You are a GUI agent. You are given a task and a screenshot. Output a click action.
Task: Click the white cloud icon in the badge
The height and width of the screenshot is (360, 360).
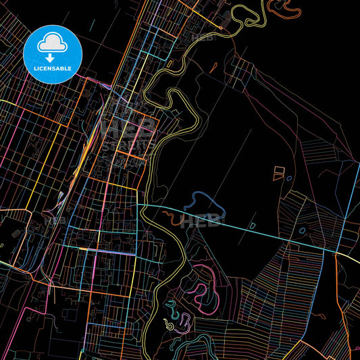tap(52, 43)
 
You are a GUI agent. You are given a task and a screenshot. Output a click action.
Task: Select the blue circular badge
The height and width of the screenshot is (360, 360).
tap(52, 54)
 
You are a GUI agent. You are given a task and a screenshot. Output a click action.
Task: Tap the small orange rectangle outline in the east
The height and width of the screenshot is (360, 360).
tap(278, 174)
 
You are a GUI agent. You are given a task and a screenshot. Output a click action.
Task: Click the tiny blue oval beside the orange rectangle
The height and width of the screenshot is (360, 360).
tap(289, 178)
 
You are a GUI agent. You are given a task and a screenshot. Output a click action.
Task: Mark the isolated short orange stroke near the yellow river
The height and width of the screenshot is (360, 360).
tap(213, 67)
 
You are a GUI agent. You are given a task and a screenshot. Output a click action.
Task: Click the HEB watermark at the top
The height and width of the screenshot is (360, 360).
tap(203, 36)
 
